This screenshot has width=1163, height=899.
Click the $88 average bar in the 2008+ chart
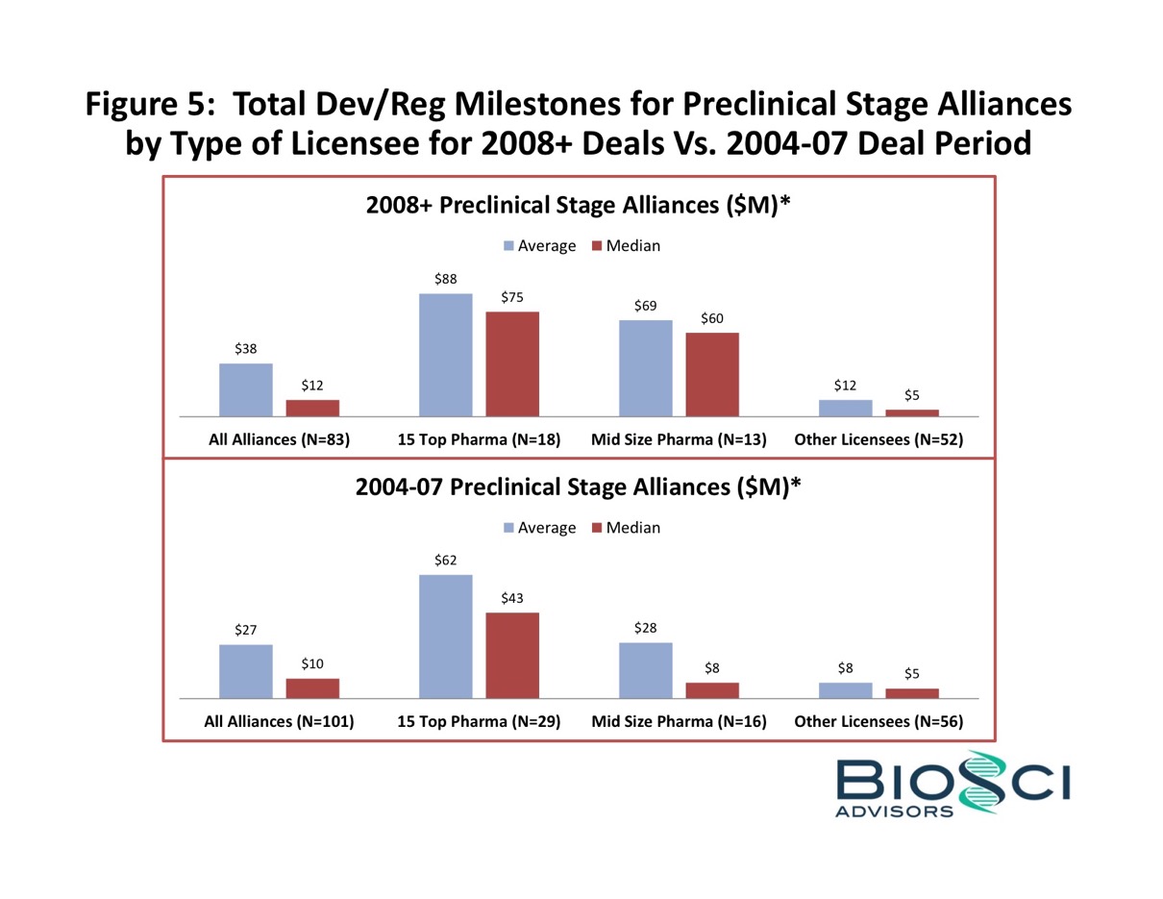(x=446, y=355)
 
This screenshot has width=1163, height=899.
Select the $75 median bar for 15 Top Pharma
(x=512, y=363)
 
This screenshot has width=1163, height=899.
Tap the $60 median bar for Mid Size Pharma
(x=712, y=374)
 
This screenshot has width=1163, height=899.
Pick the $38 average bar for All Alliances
(x=246, y=389)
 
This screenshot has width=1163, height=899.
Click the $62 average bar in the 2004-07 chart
(x=446, y=636)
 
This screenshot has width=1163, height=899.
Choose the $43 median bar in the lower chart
(x=512, y=655)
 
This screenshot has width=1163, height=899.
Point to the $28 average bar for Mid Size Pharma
(x=646, y=669)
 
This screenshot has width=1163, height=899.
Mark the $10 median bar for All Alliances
(x=312, y=687)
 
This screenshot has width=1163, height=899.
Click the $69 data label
(x=646, y=306)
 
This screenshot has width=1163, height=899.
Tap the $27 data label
(x=246, y=630)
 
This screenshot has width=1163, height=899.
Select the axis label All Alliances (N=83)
(x=279, y=440)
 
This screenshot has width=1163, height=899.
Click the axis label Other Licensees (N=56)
(x=878, y=722)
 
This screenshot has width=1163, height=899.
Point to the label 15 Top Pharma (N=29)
(x=480, y=722)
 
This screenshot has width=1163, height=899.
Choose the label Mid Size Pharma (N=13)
(x=679, y=440)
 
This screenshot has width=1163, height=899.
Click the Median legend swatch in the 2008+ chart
(x=597, y=246)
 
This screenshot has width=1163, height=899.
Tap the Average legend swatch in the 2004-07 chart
(x=509, y=528)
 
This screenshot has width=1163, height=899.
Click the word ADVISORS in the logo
(x=895, y=812)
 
